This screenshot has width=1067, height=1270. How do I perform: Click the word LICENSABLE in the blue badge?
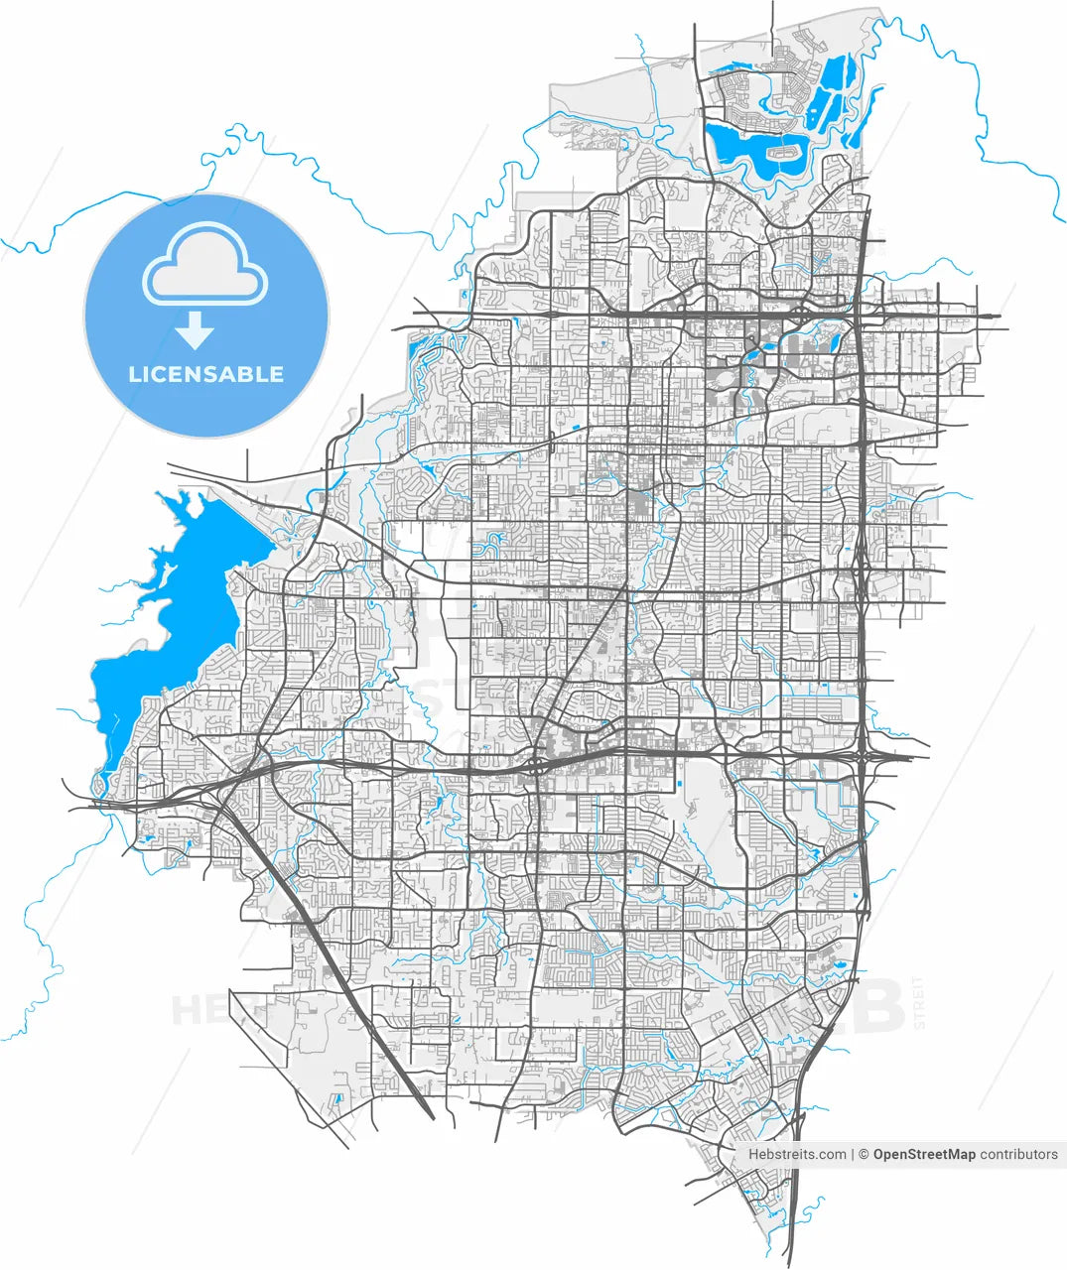click(205, 374)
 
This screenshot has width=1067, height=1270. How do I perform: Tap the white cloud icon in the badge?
click(205, 264)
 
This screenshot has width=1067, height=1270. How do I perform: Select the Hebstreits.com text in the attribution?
click(797, 1154)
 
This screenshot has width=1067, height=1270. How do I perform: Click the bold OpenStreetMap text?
click(924, 1154)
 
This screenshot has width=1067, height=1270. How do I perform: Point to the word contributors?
click(1019, 1154)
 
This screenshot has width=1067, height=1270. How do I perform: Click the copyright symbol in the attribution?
click(864, 1154)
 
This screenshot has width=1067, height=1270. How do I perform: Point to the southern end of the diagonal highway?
click(431, 1115)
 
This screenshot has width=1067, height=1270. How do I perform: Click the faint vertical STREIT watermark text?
click(918, 1002)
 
